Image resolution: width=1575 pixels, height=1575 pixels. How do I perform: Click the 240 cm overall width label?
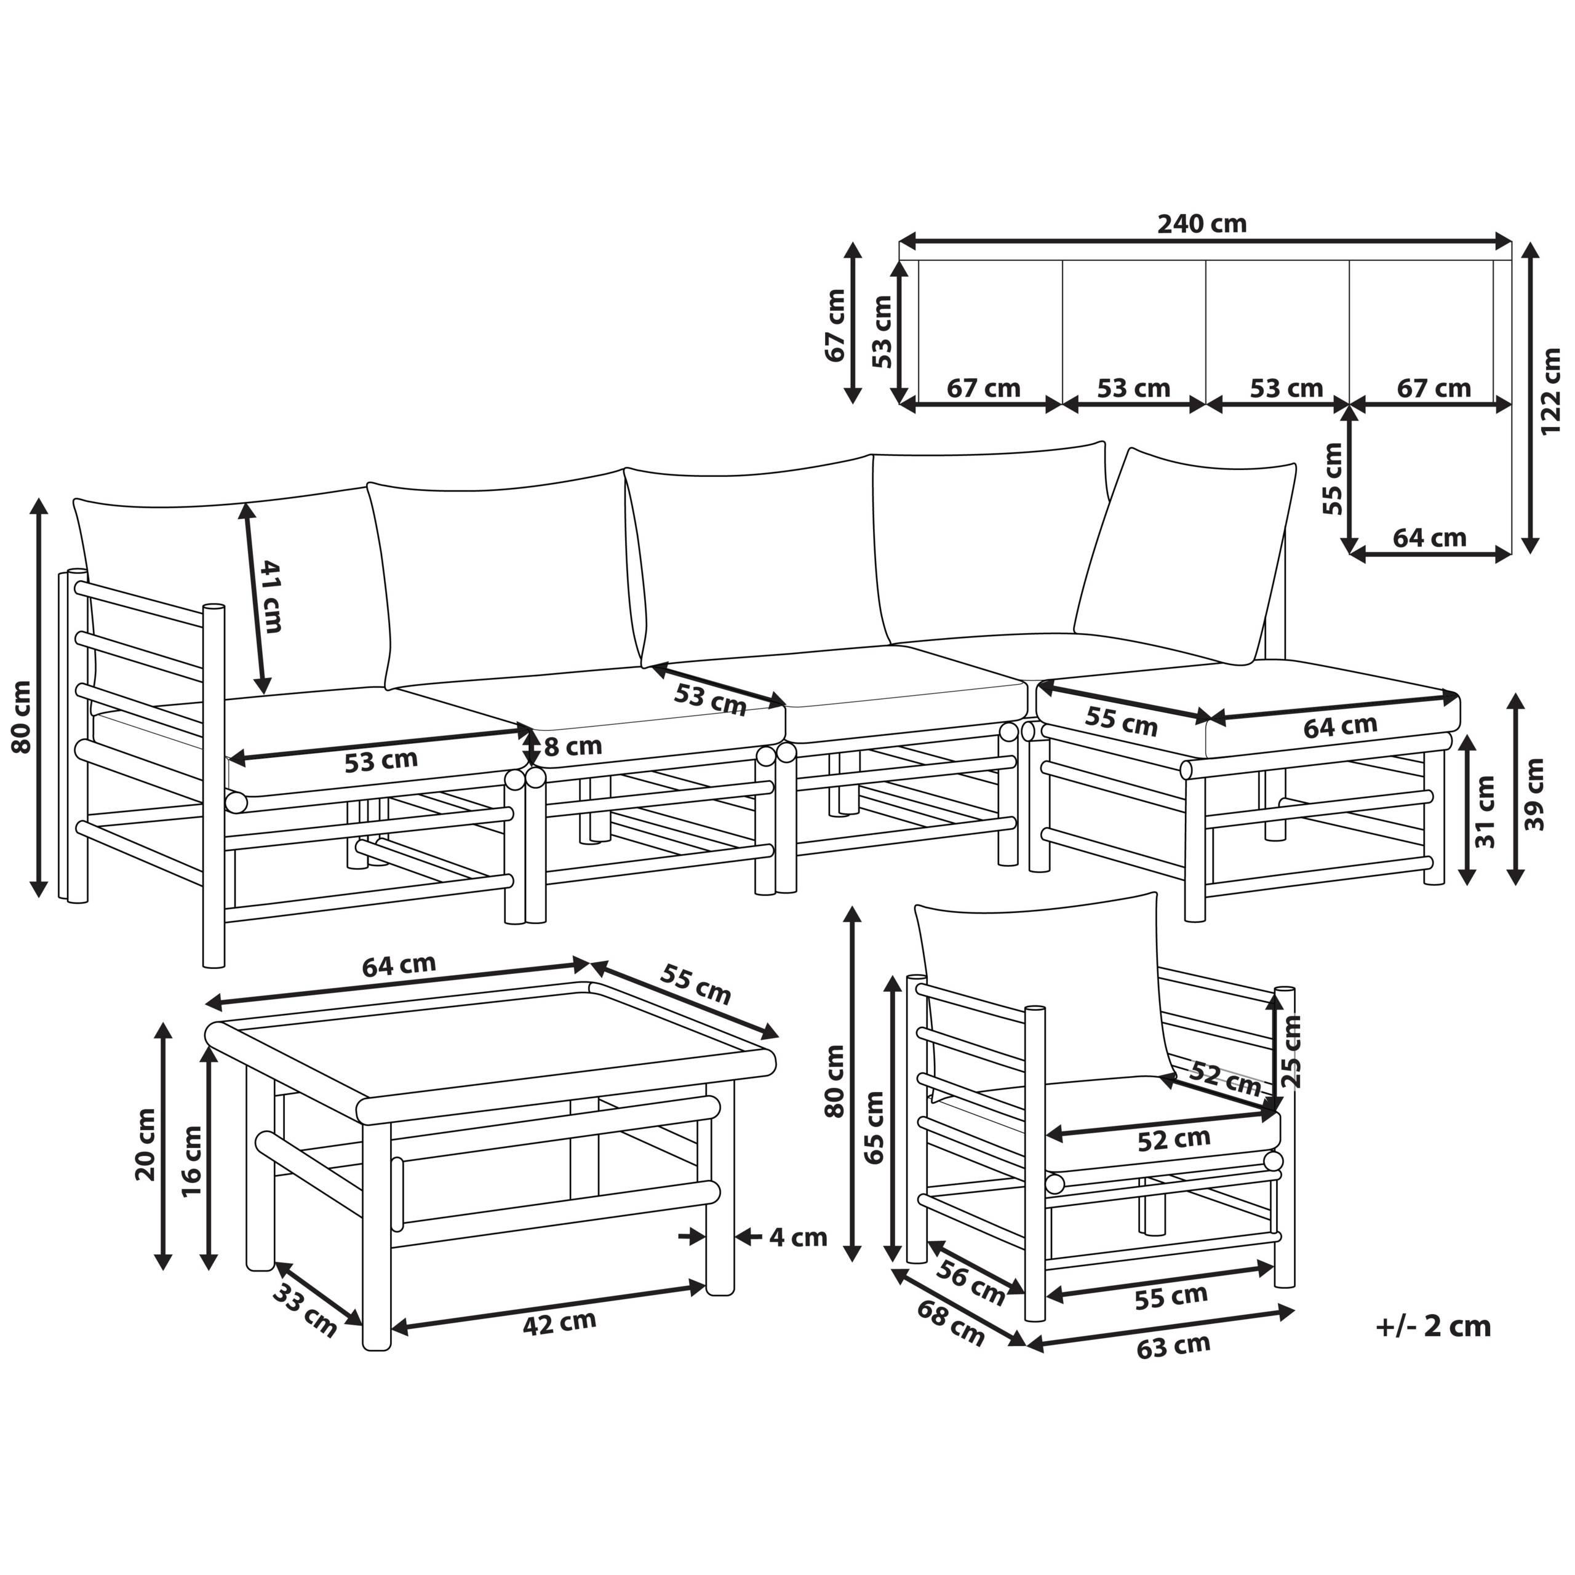coord(1202,223)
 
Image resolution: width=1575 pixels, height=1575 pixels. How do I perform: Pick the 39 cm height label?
coord(1534,794)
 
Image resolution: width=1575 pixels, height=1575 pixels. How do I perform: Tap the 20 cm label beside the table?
coord(146,1144)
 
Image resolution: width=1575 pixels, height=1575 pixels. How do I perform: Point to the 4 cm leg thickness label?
coord(798,1237)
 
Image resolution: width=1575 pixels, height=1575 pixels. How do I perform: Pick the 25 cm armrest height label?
coord(1291,1051)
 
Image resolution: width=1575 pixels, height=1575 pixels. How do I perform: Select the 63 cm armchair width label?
coord(1173,1346)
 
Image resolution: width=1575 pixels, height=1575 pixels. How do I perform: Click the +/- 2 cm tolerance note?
coord(1433,1326)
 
